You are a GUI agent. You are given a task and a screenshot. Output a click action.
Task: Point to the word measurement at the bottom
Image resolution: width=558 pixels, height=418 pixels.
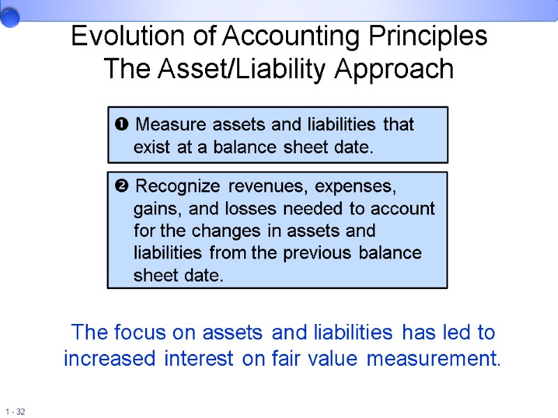click(434, 359)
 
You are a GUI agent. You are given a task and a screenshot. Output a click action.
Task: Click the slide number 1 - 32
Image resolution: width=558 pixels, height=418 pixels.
click(15, 412)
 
